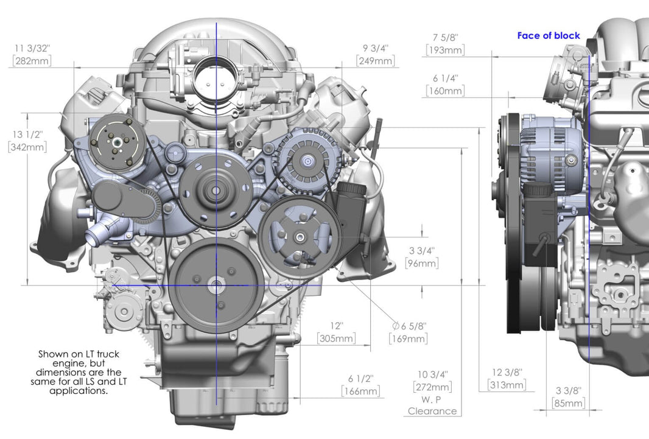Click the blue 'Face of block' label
pos(549,35)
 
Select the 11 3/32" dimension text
pos(32,47)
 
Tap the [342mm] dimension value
pos(27,147)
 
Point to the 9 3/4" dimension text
pos(376,47)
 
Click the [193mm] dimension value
pos(445,50)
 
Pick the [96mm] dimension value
pos(421,264)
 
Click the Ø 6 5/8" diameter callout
pos(409,326)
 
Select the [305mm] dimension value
pos(336,339)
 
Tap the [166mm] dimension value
pos(360,391)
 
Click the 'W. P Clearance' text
pos(432,406)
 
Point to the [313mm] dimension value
pos(507,385)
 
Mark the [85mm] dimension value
pos(568,403)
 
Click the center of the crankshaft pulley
pos(217,285)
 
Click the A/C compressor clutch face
pos(116,141)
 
